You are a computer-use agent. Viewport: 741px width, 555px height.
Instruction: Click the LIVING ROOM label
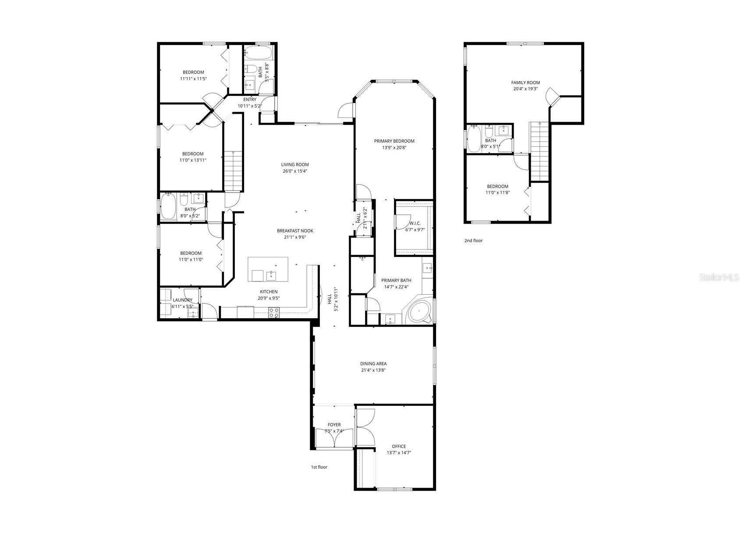pos(295,165)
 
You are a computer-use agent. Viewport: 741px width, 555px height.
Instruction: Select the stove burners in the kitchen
pos(274,312)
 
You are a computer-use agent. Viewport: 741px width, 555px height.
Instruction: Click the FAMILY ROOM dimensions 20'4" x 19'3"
pos(525,89)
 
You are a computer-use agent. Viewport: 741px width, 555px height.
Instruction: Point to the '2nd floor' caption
pos(473,241)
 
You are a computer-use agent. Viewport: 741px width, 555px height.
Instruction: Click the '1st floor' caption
pos(319,467)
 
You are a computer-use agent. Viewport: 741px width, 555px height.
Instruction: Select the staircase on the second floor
pos(539,151)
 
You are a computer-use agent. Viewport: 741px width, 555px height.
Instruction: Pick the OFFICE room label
pos(399,446)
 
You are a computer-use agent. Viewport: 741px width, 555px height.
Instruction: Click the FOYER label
pos(334,425)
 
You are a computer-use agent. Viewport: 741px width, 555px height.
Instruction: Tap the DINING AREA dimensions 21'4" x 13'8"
pos(373,370)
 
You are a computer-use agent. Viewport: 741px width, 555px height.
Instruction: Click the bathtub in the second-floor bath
pos(474,139)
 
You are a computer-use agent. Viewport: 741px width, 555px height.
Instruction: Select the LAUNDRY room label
pos(182,300)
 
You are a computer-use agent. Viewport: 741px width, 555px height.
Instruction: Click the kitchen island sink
pos(270,275)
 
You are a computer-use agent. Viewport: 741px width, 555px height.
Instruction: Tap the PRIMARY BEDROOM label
pos(394,141)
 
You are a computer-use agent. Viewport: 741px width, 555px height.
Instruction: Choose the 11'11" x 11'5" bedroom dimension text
pos(193,79)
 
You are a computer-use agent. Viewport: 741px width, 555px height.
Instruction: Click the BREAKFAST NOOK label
pos(295,231)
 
